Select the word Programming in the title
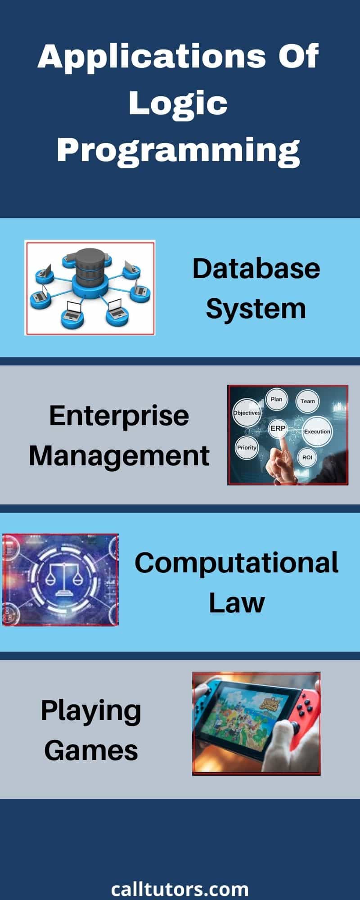click(178, 151)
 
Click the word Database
click(256, 269)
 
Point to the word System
click(256, 309)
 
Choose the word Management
click(119, 455)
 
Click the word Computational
click(237, 563)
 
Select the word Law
click(237, 603)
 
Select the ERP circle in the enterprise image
click(278, 428)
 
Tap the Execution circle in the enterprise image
click(317, 432)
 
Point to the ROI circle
click(307, 458)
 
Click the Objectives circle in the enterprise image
click(247, 413)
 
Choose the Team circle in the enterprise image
click(308, 401)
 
